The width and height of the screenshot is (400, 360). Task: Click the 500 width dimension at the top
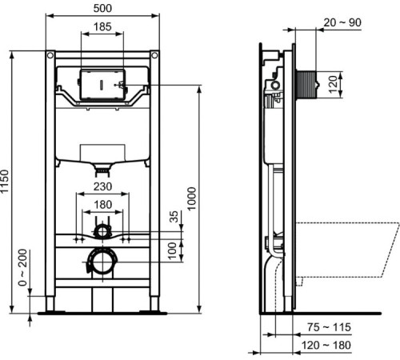(x=102, y=7)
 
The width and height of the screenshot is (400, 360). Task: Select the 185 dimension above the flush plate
(x=103, y=27)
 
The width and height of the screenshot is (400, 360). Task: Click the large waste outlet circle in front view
(x=101, y=260)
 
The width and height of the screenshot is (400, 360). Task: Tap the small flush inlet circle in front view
(x=102, y=232)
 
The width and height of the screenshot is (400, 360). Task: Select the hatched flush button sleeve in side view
(x=310, y=82)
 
